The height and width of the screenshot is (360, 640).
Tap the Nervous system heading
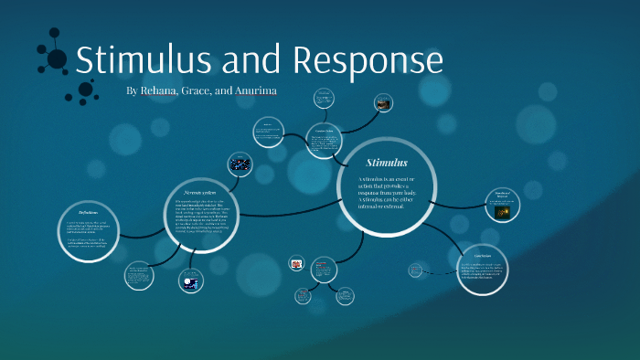tap(201, 193)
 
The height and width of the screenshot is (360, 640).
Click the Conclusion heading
tap(483, 254)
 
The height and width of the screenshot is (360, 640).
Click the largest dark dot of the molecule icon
tap(57, 59)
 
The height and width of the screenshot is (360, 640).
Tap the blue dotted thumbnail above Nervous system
tap(241, 164)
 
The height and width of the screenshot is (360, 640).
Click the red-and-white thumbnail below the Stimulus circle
tap(296, 263)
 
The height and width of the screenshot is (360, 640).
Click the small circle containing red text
tap(321, 267)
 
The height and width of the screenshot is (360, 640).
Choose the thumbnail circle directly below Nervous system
tap(190, 282)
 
